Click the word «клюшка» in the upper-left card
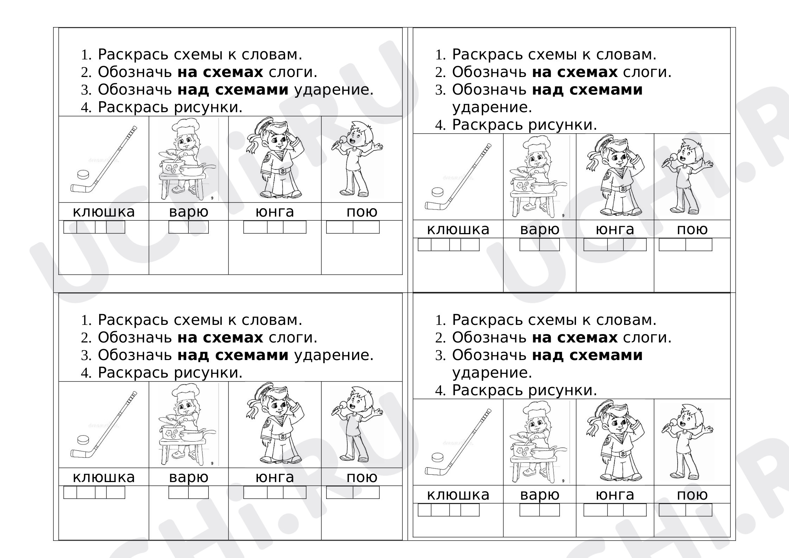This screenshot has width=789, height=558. click(104, 212)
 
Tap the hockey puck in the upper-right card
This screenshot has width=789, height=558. click(438, 192)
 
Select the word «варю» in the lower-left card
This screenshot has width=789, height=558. click(189, 477)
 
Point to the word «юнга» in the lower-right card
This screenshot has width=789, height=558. click(615, 495)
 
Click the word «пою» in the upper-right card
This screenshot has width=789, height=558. click(692, 230)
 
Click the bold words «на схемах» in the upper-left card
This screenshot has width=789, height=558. click(220, 72)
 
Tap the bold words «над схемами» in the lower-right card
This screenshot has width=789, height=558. click(587, 355)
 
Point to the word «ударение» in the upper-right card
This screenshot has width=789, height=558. click(492, 107)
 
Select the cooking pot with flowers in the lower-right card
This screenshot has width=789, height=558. click(522, 450)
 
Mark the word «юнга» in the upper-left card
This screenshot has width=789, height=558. click(275, 212)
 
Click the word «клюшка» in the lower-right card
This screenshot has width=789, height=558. click(458, 495)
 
